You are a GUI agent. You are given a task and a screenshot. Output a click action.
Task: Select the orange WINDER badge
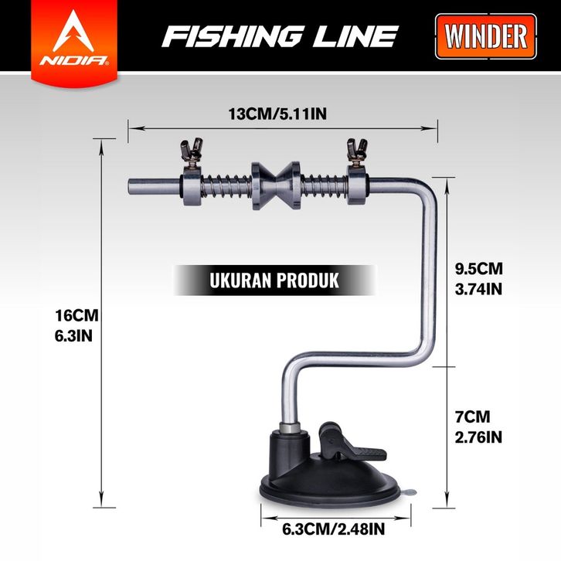[x=486, y=36]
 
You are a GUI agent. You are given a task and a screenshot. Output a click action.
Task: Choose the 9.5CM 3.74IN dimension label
[x=479, y=278]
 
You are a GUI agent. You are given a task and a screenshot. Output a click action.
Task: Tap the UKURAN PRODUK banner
[x=274, y=280]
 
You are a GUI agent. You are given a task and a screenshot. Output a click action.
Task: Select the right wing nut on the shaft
[x=356, y=148]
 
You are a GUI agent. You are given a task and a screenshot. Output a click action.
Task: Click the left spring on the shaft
[x=226, y=187]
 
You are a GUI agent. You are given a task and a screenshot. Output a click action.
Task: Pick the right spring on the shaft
[x=323, y=186]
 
